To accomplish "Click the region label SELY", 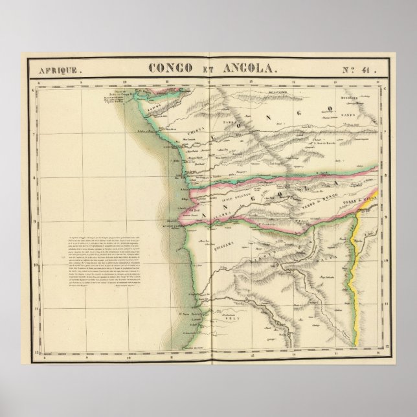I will (x=224, y=320).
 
